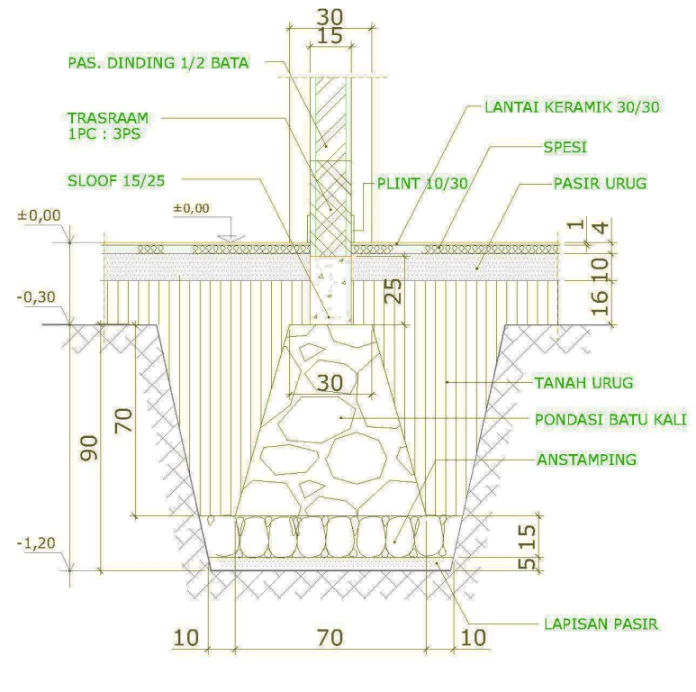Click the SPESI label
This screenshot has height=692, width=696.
click(565, 144)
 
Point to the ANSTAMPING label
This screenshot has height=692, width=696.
click(585, 459)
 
